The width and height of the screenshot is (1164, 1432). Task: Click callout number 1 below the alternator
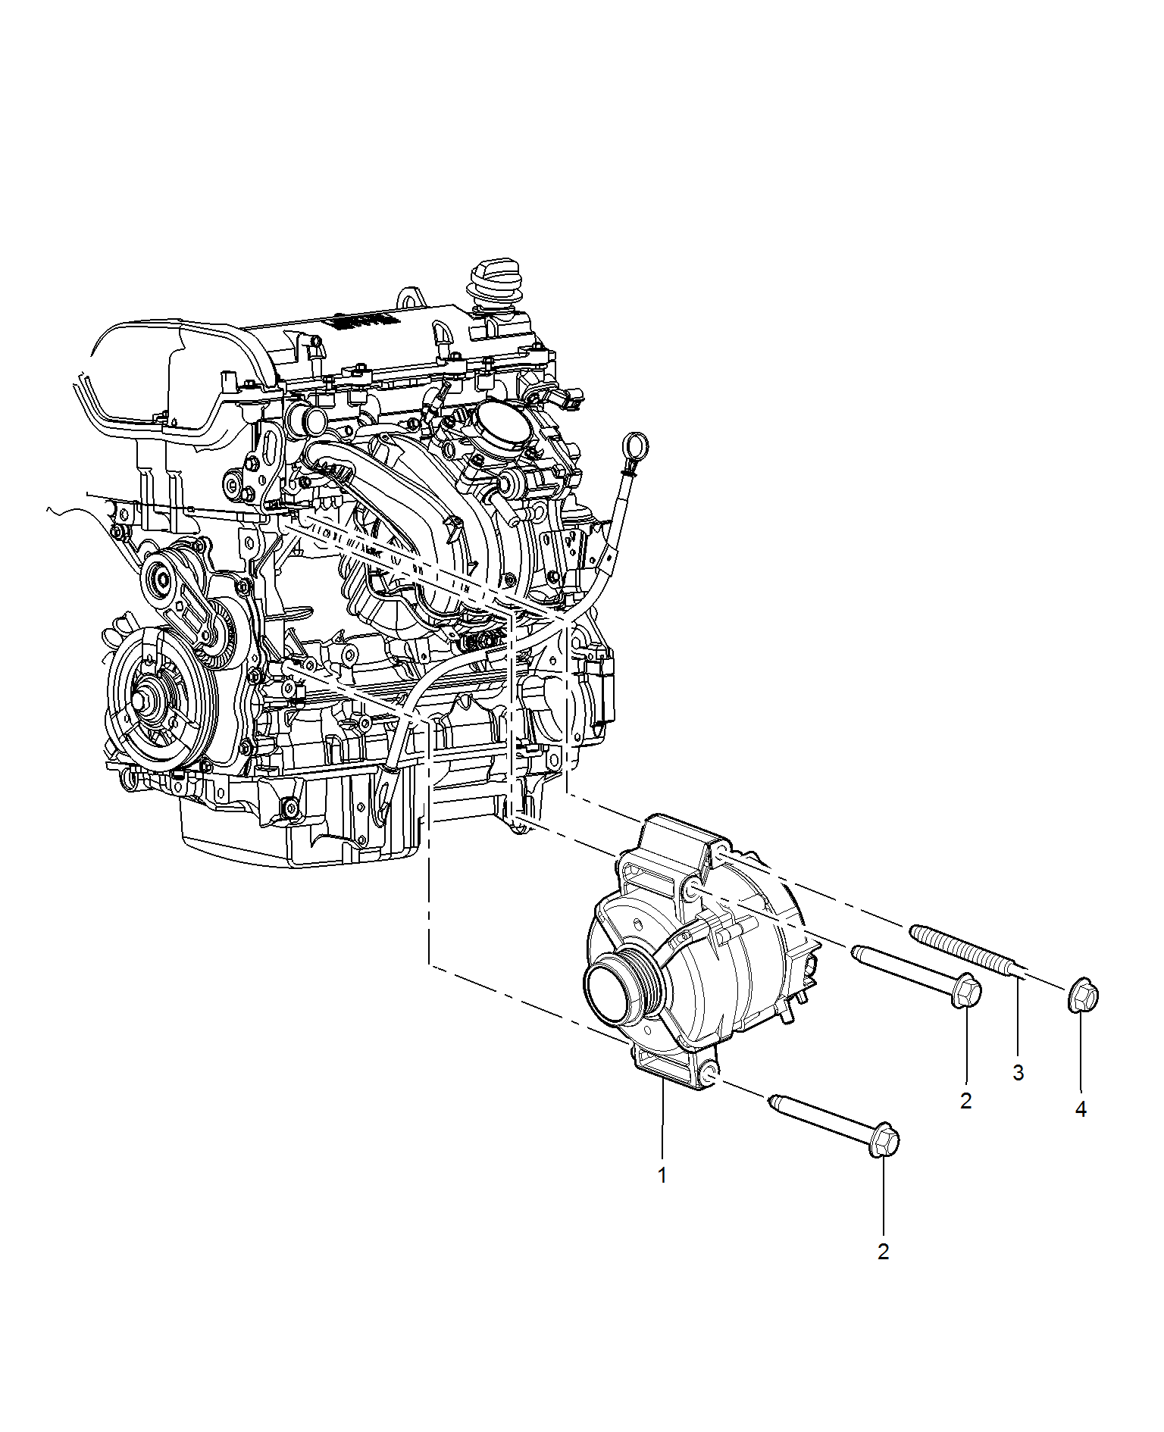[662, 1175]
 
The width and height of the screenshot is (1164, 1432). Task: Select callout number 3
[1018, 1072]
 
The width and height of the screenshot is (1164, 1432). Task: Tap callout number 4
[1081, 1109]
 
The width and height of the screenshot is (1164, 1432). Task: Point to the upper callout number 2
[965, 1101]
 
